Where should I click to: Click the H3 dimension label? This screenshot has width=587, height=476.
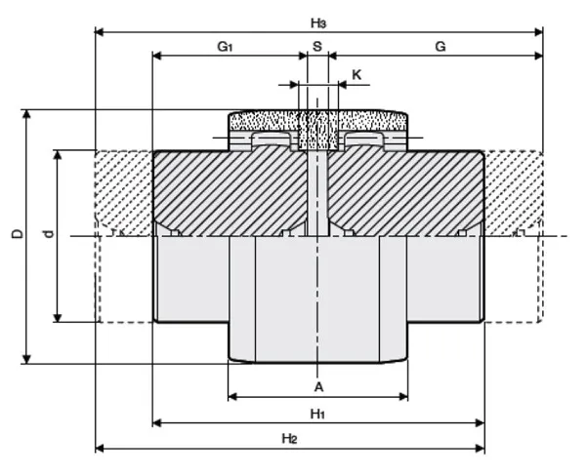[x=318, y=21]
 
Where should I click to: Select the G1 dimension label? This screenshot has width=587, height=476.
[x=225, y=47]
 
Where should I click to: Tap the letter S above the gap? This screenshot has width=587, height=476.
[x=316, y=47]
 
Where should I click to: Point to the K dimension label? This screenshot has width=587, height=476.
[x=356, y=74]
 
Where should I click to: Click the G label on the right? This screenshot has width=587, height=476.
[x=440, y=47]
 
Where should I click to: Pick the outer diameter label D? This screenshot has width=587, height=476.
[x=16, y=234]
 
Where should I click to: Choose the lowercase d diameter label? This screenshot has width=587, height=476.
[x=48, y=234]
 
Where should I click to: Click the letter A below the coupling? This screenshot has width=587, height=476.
[x=318, y=386]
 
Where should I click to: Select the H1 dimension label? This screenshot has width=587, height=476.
[x=317, y=414]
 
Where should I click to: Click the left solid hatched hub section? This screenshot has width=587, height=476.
[x=230, y=190]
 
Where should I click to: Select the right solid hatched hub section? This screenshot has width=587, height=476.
[x=405, y=190]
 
